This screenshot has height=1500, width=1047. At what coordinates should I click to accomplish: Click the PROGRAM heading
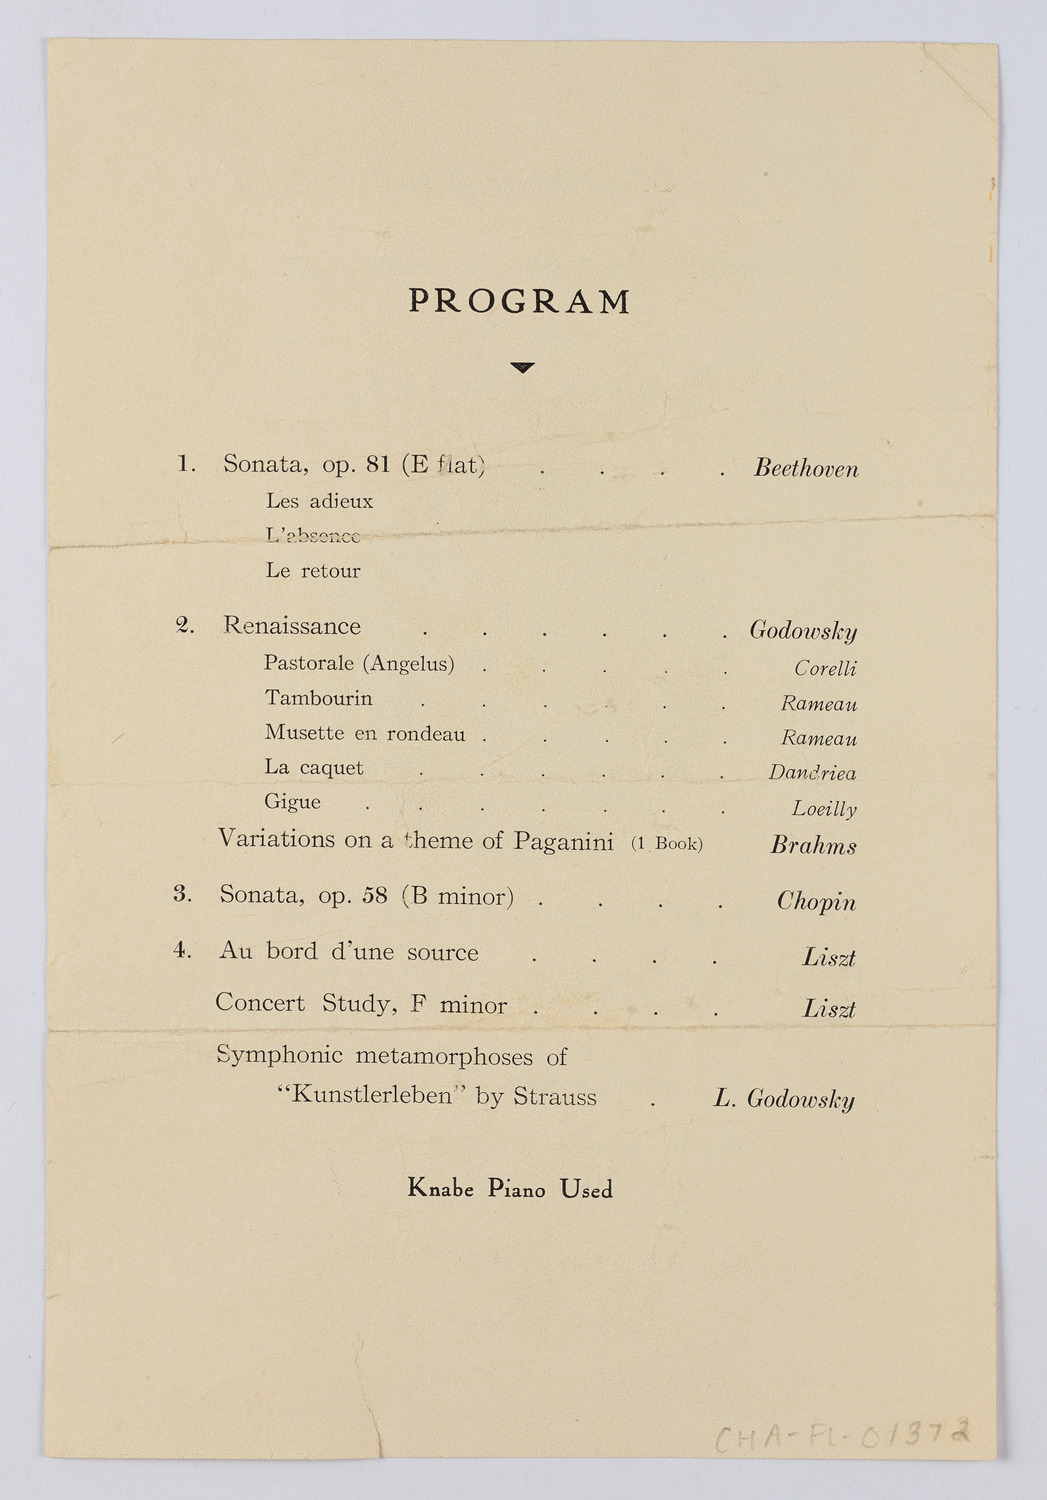(519, 301)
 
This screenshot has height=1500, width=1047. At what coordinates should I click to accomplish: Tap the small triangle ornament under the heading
(522, 368)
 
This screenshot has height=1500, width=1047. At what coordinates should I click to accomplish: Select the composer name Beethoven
(806, 468)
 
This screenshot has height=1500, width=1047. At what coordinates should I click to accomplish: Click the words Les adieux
(319, 501)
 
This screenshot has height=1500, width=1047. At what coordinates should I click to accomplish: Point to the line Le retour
(313, 571)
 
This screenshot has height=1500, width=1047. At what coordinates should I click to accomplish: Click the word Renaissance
(291, 626)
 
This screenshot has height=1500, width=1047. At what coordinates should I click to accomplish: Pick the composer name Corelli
(825, 668)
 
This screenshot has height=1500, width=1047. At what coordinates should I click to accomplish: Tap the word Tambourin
(318, 698)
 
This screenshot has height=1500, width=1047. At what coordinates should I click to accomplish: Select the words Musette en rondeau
(364, 733)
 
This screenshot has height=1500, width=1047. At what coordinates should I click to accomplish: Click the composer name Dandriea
(812, 772)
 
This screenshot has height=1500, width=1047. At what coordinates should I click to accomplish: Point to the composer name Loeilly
(824, 808)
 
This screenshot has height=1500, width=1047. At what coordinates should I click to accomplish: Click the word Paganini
(563, 841)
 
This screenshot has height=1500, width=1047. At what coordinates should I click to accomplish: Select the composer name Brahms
(813, 846)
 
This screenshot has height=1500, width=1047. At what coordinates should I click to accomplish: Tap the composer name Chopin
(816, 901)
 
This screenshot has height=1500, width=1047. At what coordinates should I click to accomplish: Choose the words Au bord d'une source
(348, 951)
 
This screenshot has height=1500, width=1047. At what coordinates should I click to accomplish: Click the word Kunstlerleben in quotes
(370, 1096)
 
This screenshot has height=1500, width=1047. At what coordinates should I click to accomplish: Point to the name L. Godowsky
(784, 1099)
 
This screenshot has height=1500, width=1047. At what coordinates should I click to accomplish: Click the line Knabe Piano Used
(510, 1189)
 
